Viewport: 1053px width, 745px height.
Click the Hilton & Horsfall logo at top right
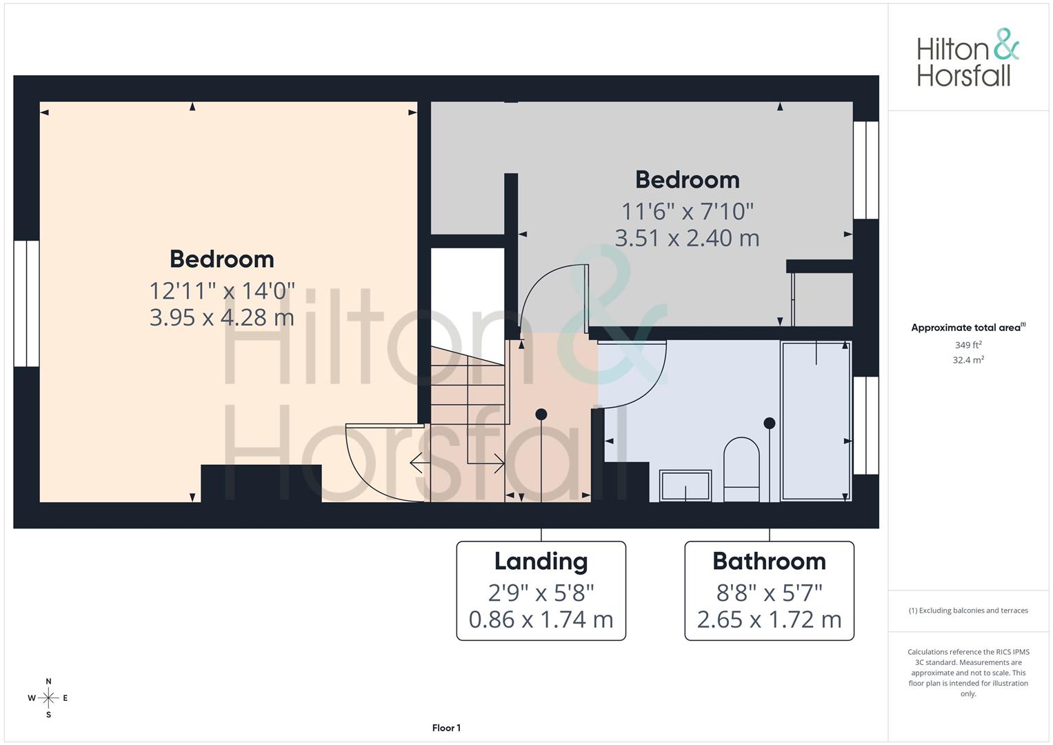pyautogui.click(x=967, y=58)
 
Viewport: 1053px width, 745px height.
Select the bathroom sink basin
pyautogui.click(x=685, y=485)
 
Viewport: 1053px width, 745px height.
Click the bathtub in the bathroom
pyautogui.click(x=816, y=421)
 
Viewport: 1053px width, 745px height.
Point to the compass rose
pyautogui.click(x=48, y=698)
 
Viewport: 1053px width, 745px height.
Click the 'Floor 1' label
pyautogui.click(x=446, y=728)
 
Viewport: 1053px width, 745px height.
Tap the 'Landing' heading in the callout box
pyautogui.click(x=541, y=562)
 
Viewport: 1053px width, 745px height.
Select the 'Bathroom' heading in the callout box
pyautogui.click(x=769, y=562)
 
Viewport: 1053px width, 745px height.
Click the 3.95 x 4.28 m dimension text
pyautogui.click(x=221, y=317)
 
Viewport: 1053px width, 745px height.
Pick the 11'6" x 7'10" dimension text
pyautogui.click(x=687, y=211)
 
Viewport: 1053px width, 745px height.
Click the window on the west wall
pyautogui.click(x=26, y=304)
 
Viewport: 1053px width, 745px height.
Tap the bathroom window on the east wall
pyautogui.click(x=866, y=425)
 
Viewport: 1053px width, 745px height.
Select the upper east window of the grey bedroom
pyautogui.click(x=866, y=170)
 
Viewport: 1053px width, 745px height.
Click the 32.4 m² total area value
pyautogui.click(x=967, y=360)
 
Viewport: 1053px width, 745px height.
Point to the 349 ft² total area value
pyautogui.click(x=967, y=345)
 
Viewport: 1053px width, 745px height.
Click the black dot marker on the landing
pyautogui.click(x=541, y=414)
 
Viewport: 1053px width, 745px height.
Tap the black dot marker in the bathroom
pyautogui.click(x=770, y=423)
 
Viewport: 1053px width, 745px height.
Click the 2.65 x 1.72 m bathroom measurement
pyautogui.click(x=769, y=619)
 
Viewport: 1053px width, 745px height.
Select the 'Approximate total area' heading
pyautogui.click(x=967, y=328)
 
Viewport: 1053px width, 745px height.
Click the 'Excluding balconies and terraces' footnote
pyautogui.click(x=967, y=610)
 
